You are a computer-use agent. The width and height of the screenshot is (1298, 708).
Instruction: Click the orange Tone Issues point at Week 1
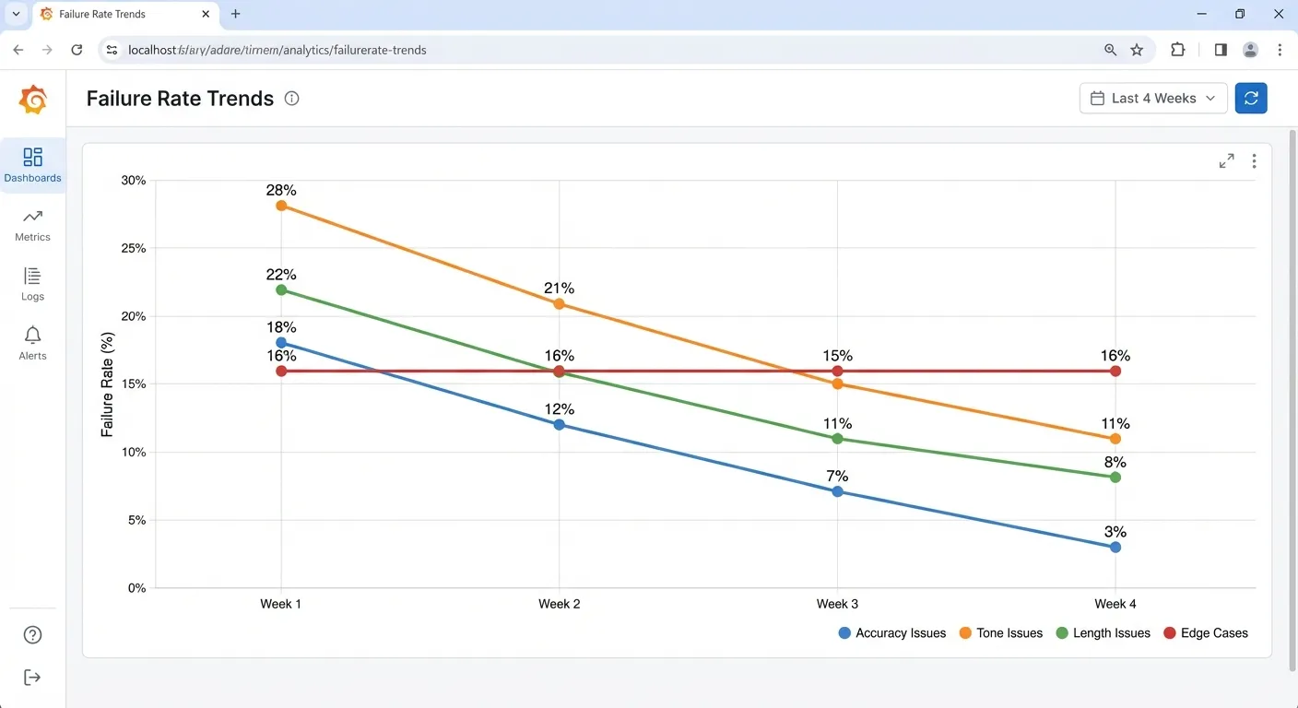click(x=281, y=206)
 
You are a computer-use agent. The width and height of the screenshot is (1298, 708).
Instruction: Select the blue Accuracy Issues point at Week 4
click(x=1115, y=547)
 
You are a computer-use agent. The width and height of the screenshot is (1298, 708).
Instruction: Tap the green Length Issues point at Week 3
click(x=837, y=439)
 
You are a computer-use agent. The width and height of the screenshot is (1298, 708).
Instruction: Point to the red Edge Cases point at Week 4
click(x=1115, y=371)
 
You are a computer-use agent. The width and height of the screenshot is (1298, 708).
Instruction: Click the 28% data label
click(x=281, y=190)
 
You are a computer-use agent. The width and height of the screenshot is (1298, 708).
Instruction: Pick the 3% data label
click(x=1115, y=532)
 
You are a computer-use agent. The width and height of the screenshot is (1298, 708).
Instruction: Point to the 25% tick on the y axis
click(x=134, y=248)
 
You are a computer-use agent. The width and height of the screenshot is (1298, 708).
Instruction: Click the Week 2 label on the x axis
click(x=559, y=604)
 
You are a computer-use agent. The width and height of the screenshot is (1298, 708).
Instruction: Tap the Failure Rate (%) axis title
click(x=108, y=384)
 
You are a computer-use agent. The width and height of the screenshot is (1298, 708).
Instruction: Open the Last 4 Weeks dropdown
click(x=1153, y=99)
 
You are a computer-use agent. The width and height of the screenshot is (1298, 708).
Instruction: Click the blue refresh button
click(x=1251, y=99)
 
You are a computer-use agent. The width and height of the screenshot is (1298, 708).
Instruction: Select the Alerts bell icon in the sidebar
click(x=32, y=335)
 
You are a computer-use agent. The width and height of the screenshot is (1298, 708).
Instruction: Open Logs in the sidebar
click(x=32, y=283)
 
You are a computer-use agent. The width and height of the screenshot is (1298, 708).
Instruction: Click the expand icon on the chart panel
click(x=1226, y=161)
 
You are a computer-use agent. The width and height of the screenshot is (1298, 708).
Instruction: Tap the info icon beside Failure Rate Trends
click(x=292, y=99)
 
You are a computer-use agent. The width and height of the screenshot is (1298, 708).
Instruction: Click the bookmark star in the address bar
click(x=1137, y=50)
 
